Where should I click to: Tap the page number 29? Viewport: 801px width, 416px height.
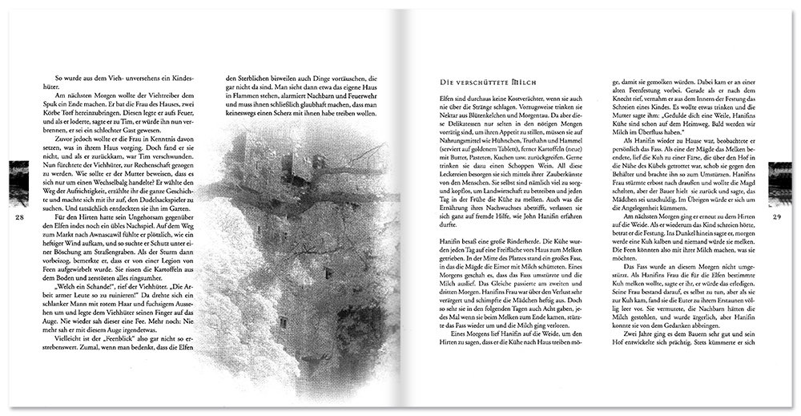(x=776, y=217)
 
